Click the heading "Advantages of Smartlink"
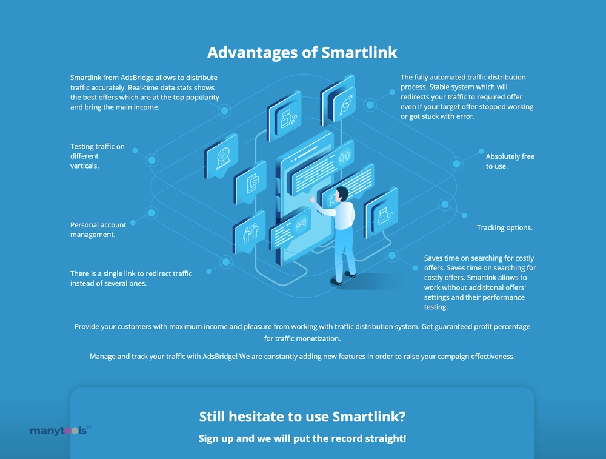tap(302, 53)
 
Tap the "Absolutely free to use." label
tap(510, 161)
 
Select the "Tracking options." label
tap(504, 228)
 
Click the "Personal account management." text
tap(98, 230)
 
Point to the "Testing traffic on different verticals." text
tap(98, 156)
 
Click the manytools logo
tap(60, 431)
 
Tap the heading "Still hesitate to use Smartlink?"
tap(302, 417)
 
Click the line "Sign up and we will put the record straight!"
tap(302, 438)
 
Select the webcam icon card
tap(221, 156)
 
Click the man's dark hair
tap(342, 193)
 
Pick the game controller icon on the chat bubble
tap(301, 224)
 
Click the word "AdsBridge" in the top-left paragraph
tap(137, 78)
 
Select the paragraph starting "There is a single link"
tap(131, 278)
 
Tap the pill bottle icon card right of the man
tap(381, 213)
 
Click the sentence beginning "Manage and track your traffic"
tap(302, 357)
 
